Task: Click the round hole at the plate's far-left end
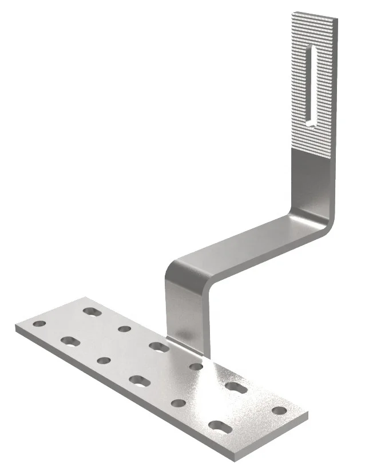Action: (39, 324)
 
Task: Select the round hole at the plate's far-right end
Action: (279, 410)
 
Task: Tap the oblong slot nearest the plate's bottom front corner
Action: (220, 425)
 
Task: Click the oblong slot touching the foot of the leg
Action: (158, 346)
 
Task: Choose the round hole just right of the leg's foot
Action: (196, 366)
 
